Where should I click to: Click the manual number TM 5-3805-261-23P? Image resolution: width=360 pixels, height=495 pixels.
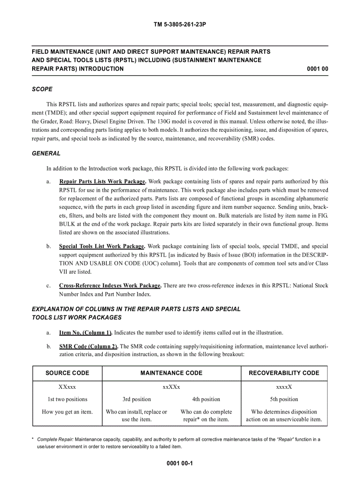pyautogui.click(x=180, y=25)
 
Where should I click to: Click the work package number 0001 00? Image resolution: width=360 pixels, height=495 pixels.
pyautogui.click(x=317, y=69)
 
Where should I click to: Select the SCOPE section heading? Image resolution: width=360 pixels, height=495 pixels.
pyautogui.click(x=42, y=89)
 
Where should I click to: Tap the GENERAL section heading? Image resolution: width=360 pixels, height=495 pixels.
pyautogui.click(x=46, y=153)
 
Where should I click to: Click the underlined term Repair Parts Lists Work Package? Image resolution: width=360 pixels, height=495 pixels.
pyautogui.click(x=102, y=181)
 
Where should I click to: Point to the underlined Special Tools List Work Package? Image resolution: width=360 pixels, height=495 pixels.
pyautogui.click(x=102, y=246)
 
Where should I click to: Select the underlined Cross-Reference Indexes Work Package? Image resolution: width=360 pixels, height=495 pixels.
pyautogui.click(x=110, y=286)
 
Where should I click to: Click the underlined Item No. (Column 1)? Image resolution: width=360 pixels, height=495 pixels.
pyautogui.click(x=86, y=332)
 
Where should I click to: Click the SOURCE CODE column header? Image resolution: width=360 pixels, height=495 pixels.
pyautogui.click(x=67, y=373)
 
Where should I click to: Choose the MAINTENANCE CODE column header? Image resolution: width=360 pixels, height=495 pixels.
pyautogui.click(x=171, y=373)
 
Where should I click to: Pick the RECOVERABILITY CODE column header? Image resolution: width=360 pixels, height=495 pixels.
pyautogui.click(x=284, y=373)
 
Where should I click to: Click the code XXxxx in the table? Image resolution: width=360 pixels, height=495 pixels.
pyautogui.click(x=67, y=387)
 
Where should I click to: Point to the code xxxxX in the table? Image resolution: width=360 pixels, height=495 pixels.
pyautogui.click(x=284, y=387)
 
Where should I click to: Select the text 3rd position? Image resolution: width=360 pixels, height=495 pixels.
pyautogui.click(x=137, y=399)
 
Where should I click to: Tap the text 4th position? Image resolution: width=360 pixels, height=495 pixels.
pyautogui.click(x=206, y=399)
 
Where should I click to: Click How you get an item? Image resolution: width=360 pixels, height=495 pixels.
pyautogui.click(x=67, y=412)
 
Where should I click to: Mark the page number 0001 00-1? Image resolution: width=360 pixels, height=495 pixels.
pyautogui.click(x=180, y=464)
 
